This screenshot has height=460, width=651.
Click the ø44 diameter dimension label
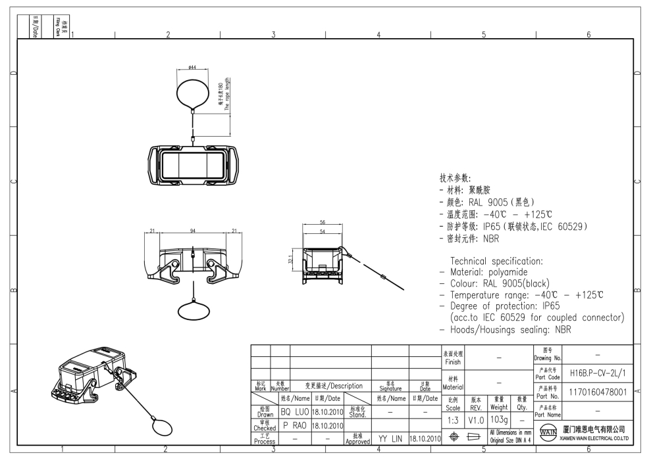(x=192, y=68)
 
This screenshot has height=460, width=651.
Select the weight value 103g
(x=499, y=419)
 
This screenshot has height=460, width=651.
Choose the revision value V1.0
(x=475, y=419)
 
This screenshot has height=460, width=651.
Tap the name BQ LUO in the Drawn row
(x=295, y=413)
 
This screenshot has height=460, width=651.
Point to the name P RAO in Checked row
(x=295, y=426)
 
